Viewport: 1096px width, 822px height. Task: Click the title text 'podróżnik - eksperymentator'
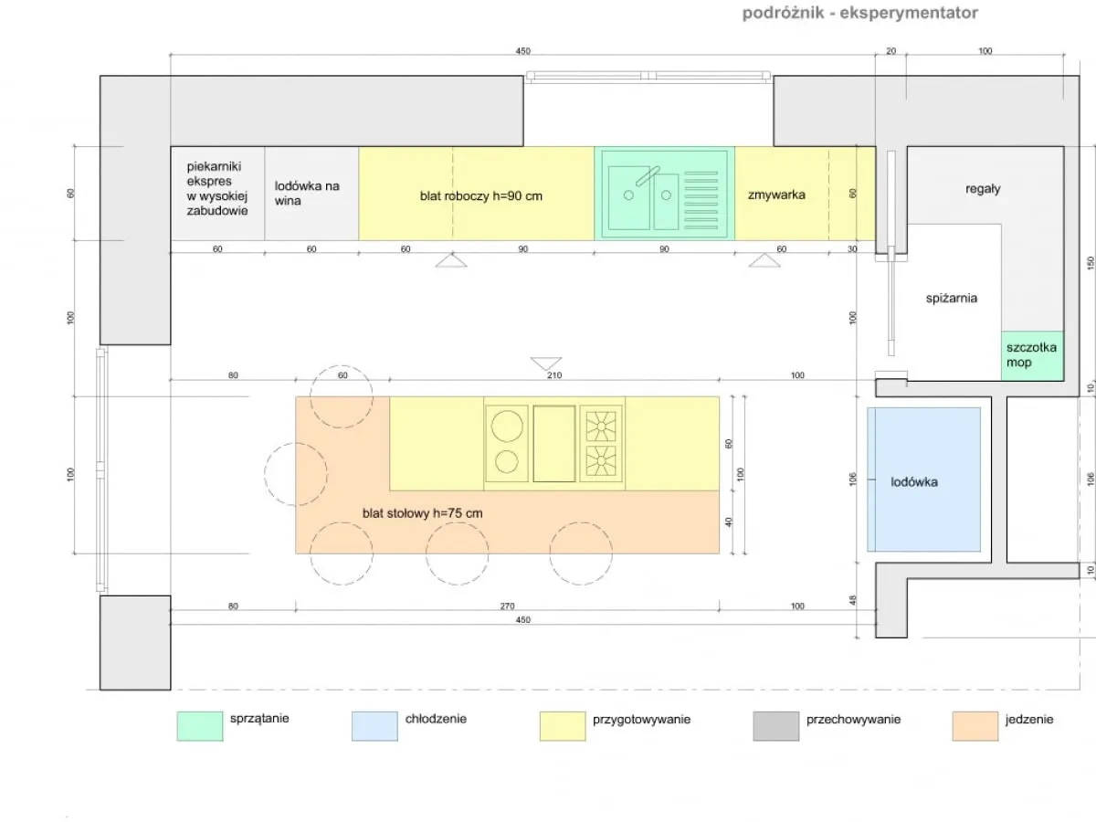[x=859, y=13]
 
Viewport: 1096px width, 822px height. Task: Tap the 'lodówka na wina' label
[x=307, y=193]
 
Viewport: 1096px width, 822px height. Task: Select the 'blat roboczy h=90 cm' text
[x=480, y=196]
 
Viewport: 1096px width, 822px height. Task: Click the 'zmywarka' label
[x=776, y=195]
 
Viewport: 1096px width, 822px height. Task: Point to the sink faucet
[x=648, y=175]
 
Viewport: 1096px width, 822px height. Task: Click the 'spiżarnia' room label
[x=951, y=299]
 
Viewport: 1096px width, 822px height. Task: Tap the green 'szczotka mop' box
[x=1032, y=356]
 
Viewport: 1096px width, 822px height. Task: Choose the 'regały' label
[x=983, y=189]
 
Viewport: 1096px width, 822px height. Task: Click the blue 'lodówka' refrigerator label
[x=913, y=482]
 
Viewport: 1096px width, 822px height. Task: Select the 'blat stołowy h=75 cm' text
[x=423, y=513]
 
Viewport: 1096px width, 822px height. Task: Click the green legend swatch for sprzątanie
[x=200, y=726]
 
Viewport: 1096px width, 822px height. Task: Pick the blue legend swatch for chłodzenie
[x=374, y=726]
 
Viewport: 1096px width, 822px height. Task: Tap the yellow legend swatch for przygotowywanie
[x=563, y=726]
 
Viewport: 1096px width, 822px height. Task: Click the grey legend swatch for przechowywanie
[x=776, y=726]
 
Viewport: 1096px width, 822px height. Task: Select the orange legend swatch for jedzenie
[x=975, y=726]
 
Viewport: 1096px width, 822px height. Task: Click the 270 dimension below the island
[x=507, y=606]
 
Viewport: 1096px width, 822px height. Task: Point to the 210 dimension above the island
[x=554, y=375]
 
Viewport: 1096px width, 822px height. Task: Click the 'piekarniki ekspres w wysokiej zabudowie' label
[x=216, y=189]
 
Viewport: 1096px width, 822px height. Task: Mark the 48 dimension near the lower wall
[x=852, y=600]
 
